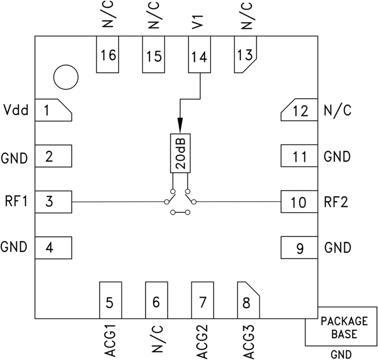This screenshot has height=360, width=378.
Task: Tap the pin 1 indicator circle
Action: coord(66,78)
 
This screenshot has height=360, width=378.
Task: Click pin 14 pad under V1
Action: coord(199,55)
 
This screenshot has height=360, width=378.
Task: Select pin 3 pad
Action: coord(53,202)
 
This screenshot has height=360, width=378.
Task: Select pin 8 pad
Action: coord(248,300)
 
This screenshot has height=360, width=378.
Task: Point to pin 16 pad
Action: coord(108,55)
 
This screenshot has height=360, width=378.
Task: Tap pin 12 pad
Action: coord(299,111)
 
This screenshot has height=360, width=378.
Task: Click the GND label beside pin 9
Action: coord(338,248)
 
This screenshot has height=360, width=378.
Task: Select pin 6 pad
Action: coord(156,300)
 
